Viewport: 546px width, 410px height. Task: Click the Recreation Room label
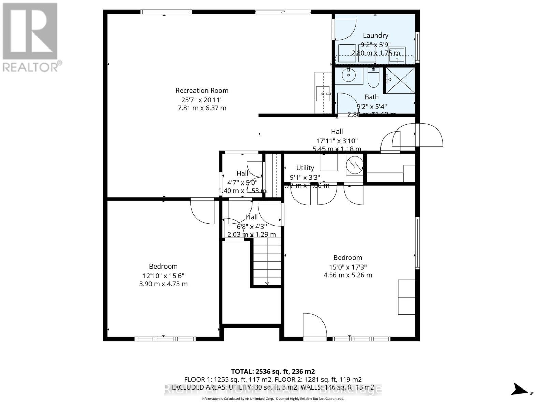[x=202, y=91]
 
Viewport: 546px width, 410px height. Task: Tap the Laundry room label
[x=375, y=35]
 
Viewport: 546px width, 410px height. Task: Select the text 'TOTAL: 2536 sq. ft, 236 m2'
[x=273, y=371]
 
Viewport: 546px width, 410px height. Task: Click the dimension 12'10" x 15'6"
[x=163, y=276]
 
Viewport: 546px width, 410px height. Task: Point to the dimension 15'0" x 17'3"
[x=348, y=267]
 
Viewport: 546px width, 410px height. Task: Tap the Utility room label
[x=305, y=168]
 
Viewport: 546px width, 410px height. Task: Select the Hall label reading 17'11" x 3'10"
[x=337, y=141]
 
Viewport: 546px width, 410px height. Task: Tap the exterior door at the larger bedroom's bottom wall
[x=315, y=326]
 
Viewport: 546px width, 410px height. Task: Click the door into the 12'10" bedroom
[x=203, y=212]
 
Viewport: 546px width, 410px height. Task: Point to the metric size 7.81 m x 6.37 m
[x=202, y=108]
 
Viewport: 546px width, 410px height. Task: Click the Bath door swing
[x=346, y=103]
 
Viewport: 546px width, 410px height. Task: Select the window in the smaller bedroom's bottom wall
[x=165, y=339]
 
